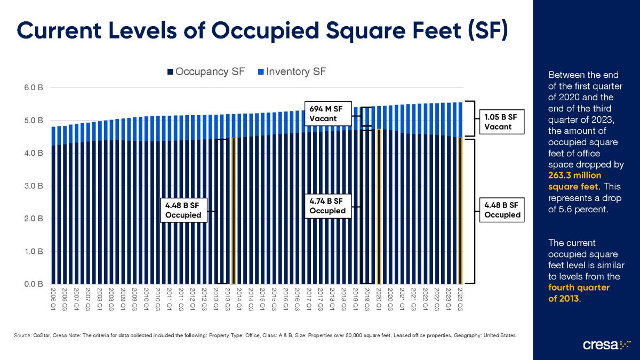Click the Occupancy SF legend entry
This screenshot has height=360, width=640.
pyautogui.click(x=206, y=72)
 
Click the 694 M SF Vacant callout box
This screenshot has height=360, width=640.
pyautogui.click(x=327, y=114)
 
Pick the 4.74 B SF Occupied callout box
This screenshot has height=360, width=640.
pyautogui.click(x=327, y=206)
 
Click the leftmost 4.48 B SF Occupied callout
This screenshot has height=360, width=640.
pyautogui.click(x=183, y=210)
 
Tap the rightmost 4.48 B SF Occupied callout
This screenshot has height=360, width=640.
pyautogui.click(x=502, y=210)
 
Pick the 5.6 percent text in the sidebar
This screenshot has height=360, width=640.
pyautogui.click(x=586, y=209)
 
